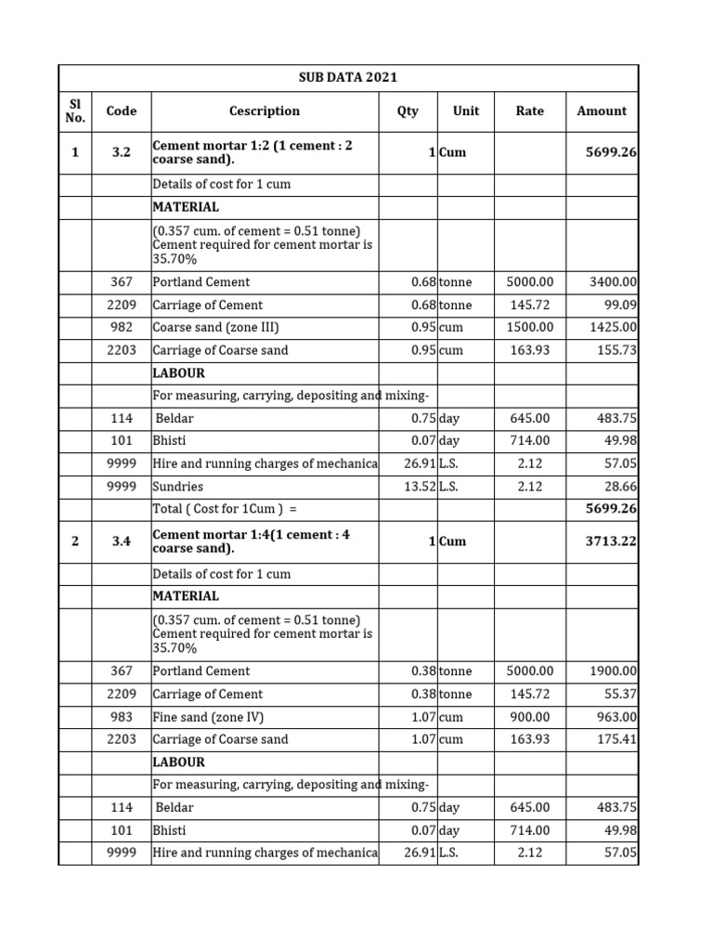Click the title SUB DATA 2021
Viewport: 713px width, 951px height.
348,77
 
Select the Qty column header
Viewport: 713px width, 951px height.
408,111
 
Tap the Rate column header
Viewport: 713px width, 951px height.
529,111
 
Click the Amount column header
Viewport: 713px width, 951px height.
602,111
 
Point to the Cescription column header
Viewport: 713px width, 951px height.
265,111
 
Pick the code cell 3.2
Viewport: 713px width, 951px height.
121,152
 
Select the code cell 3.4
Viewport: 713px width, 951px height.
121,541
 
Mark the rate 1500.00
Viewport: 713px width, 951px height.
529,328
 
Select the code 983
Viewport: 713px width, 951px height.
121,717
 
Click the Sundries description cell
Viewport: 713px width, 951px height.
178,487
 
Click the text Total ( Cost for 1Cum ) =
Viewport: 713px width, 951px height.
228,509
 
